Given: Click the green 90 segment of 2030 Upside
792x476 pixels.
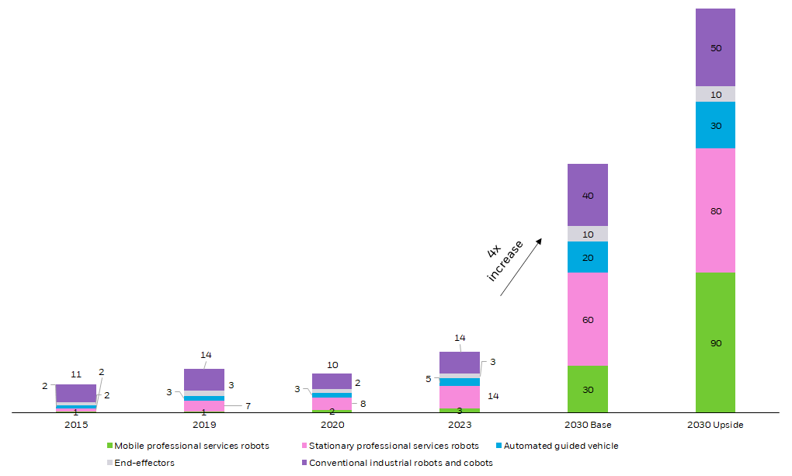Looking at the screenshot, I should click(x=715, y=342).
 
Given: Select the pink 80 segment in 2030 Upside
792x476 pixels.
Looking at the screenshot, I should click(x=715, y=210).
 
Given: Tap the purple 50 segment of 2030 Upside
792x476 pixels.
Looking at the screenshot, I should click(x=715, y=47).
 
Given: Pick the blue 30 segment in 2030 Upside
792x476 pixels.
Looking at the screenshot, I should click(x=715, y=125).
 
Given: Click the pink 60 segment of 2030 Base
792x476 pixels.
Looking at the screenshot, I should click(x=588, y=319).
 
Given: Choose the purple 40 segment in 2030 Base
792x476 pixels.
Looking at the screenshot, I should click(x=588, y=195).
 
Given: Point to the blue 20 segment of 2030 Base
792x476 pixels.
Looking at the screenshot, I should click(x=588, y=257).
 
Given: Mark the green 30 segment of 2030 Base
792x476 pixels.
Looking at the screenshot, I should click(x=588, y=389).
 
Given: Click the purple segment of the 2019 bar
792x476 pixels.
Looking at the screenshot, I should click(x=204, y=380).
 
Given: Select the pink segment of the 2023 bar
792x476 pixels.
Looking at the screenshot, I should click(x=460, y=397).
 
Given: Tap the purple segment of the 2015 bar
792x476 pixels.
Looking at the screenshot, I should click(x=76, y=393).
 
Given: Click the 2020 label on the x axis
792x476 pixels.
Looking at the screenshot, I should click(x=332, y=425).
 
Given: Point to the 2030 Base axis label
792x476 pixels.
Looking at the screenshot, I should click(x=588, y=425).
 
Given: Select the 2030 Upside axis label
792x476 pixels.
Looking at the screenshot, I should click(x=715, y=425).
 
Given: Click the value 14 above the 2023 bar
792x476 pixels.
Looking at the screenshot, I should click(x=460, y=338).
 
